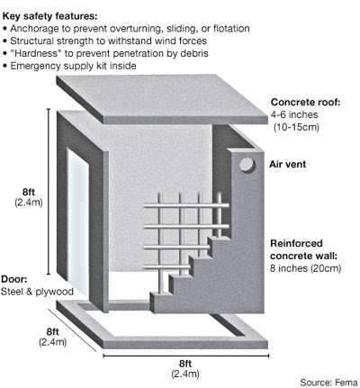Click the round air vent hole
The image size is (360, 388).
247,165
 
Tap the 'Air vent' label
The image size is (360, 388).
287,164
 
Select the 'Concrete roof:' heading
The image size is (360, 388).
306,102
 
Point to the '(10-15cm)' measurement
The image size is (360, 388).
296,127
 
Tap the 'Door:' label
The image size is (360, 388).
14,279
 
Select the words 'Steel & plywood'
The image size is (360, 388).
37,292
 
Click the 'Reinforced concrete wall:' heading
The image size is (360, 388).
304,249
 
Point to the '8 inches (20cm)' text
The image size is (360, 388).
305,268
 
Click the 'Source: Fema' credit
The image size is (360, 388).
328,383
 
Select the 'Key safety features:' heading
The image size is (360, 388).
49,16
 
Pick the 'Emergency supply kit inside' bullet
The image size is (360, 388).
73,66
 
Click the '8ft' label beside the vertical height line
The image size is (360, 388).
29,192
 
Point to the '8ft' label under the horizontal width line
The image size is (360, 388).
185,364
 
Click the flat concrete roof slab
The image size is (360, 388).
162,99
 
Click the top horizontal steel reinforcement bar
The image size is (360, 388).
186,206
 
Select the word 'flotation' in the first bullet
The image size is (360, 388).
231,29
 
